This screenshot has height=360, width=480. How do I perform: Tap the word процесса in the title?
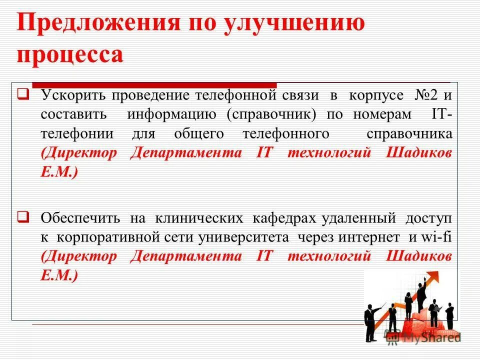pos(70,54)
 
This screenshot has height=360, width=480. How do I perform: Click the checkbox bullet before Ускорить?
pos(23,93)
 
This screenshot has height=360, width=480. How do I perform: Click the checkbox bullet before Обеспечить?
pos(23,217)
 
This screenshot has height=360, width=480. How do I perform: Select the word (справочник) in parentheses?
pos(271,114)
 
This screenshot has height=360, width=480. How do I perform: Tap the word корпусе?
pos(376,95)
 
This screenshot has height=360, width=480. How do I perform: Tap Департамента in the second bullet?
pos(186,256)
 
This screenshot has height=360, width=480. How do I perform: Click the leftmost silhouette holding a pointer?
pos(370,322)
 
